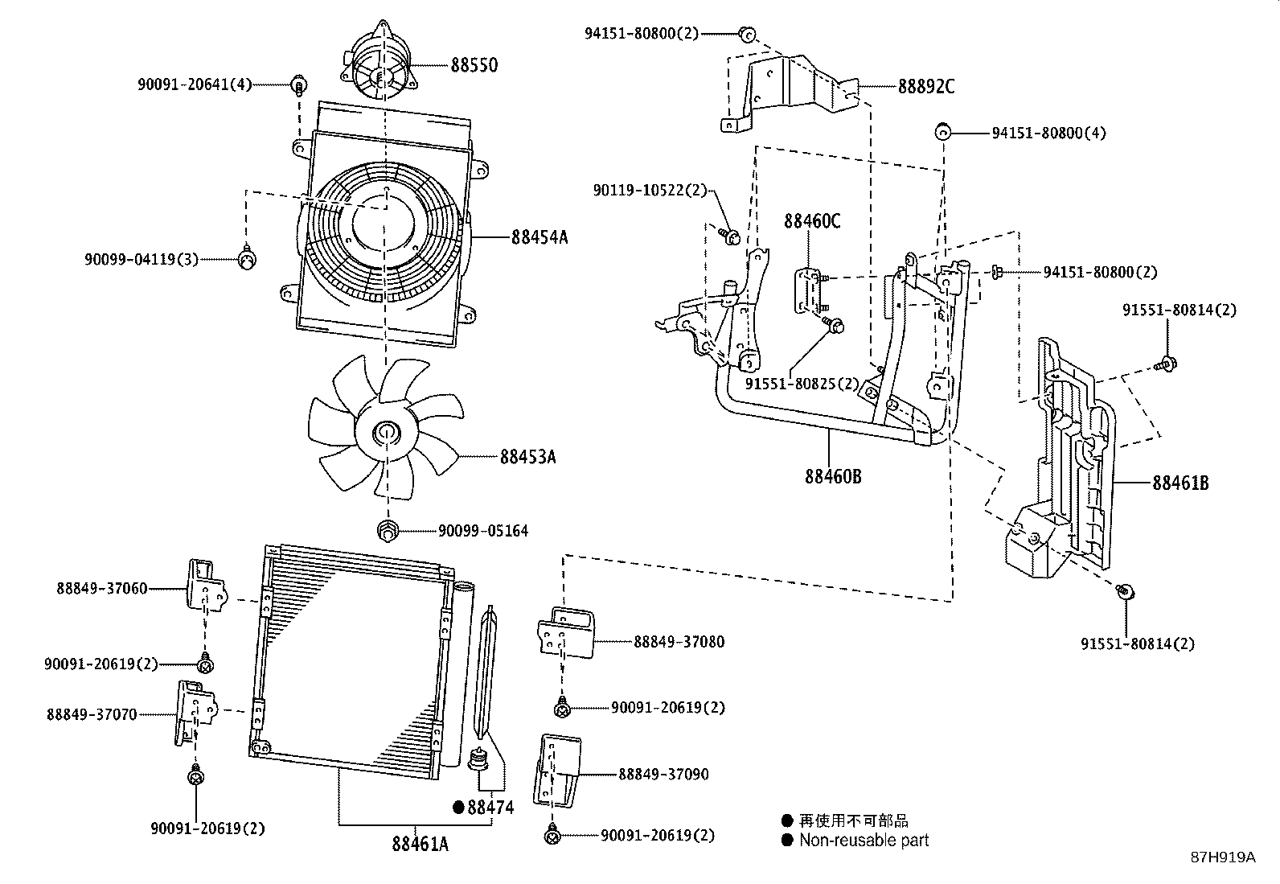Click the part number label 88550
point(474,65)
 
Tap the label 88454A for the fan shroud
point(539,236)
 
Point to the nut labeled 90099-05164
point(388,530)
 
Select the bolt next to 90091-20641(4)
point(299,84)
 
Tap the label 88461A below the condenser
point(420,844)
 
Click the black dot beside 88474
point(458,808)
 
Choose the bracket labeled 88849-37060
point(205,585)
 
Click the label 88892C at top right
point(926,87)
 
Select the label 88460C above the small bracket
point(812,220)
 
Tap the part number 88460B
point(833,476)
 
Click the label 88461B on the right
point(1180,483)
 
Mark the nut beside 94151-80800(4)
point(944,132)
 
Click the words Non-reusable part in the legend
point(864,841)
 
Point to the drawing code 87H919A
point(1222,857)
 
